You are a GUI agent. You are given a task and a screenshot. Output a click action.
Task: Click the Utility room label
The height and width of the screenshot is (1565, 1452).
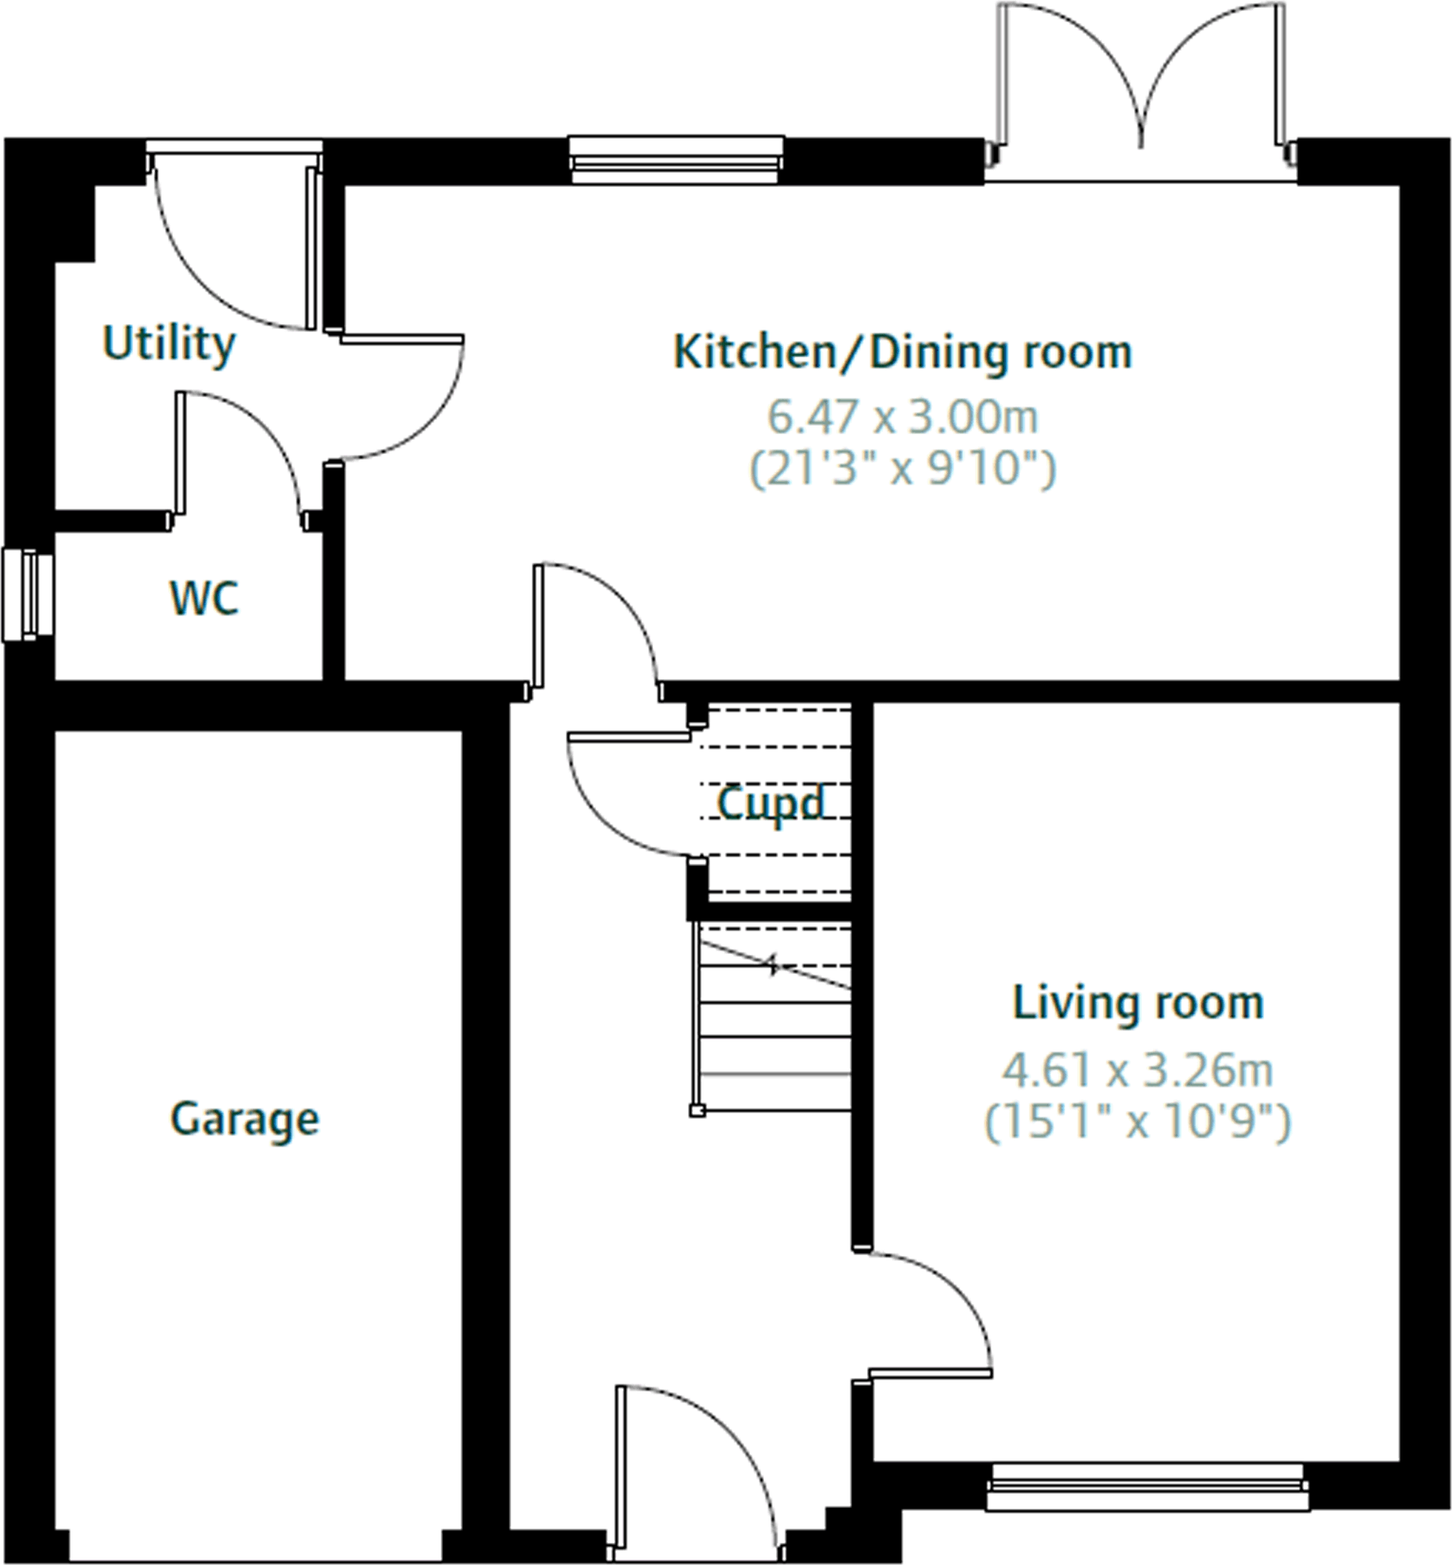click(169, 345)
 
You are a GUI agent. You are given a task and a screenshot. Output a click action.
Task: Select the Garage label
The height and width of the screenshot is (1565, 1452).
click(245, 1119)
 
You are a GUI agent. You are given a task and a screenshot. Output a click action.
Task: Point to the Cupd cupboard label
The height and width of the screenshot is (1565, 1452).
click(770, 803)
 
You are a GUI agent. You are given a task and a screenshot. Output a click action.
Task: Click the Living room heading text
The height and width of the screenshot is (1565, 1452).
click(1137, 1003)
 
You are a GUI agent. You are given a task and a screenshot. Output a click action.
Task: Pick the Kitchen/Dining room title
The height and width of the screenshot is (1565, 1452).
click(902, 353)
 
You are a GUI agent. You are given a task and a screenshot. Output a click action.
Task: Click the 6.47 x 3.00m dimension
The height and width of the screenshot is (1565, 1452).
click(902, 418)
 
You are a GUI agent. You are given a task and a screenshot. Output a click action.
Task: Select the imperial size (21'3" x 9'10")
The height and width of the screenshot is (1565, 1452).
click(902, 469)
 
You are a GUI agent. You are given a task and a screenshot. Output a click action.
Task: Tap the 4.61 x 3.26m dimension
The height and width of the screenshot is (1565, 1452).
click(1137, 1071)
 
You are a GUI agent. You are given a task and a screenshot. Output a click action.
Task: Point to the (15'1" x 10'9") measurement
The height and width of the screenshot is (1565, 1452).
click(1137, 1122)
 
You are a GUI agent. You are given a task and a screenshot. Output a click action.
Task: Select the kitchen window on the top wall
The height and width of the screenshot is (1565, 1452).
click(676, 161)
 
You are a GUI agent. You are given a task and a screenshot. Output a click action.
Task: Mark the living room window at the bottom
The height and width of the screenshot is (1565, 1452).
click(1147, 1487)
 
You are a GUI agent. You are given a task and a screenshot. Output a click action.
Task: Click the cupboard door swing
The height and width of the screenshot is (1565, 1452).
click(622, 800)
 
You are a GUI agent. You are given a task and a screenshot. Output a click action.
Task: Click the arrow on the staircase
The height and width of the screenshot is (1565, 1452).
click(774, 965)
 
